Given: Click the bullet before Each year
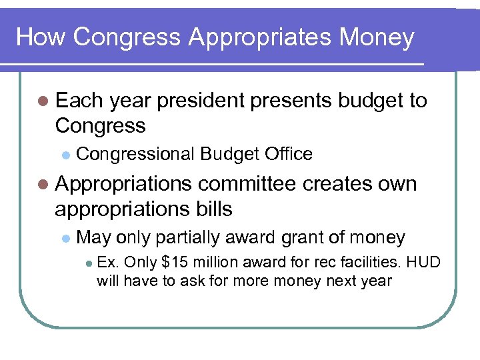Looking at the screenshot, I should (43, 101).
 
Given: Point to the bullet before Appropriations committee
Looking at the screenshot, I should (43, 184).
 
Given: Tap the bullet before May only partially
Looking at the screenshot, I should (65, 238).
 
